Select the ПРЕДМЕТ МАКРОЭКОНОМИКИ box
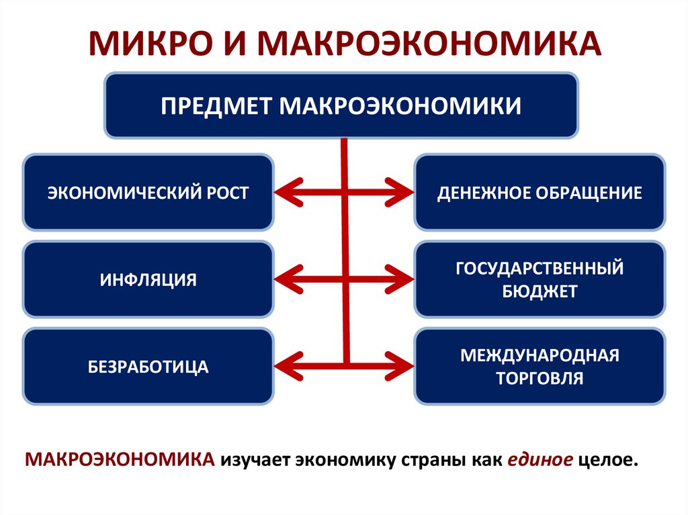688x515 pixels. point(341,106)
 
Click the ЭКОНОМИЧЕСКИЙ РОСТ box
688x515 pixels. point(148,193)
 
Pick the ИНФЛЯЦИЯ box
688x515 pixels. point(148,279)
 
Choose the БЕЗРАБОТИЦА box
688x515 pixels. point(148,367)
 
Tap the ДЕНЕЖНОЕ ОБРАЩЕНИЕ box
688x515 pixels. point(540,193)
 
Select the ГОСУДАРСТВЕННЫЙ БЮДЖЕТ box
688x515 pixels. point(540,279)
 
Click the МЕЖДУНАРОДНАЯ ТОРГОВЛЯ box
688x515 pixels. point(540,367)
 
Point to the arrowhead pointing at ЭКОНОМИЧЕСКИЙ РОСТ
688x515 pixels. point(285,193)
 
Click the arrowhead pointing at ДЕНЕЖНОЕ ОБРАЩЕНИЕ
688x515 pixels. point(402,193)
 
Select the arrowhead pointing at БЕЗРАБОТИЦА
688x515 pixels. point(285,366)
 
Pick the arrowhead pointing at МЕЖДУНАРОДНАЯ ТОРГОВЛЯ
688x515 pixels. point(402,366)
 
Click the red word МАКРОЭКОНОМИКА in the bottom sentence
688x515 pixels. point(121,461)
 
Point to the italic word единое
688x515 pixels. point(540,461)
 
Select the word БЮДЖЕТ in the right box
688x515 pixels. point(540,291)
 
